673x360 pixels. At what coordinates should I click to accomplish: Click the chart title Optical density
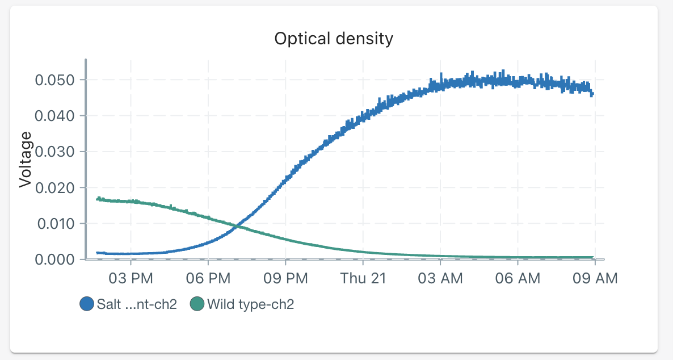334,39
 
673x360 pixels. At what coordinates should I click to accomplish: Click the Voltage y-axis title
25,159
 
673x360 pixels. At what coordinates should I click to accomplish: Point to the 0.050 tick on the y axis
54,80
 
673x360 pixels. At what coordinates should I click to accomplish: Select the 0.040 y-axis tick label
54,116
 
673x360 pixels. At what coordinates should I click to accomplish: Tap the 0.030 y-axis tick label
54,152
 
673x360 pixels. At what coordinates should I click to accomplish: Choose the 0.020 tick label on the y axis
54,187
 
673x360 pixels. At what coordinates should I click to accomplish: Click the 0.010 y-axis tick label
54,224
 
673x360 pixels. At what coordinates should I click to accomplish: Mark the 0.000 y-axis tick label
54,259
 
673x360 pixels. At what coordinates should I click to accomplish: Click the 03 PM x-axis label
131,278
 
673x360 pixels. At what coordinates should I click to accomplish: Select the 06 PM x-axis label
208,278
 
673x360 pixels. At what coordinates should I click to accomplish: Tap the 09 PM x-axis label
285,278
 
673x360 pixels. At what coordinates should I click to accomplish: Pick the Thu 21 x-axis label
363,278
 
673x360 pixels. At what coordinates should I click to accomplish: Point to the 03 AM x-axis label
440,278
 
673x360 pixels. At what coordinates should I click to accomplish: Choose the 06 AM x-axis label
518,278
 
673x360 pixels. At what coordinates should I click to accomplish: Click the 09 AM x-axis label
594,278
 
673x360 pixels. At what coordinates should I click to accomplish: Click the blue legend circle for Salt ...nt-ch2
87,304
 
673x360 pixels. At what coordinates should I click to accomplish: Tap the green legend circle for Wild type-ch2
197,304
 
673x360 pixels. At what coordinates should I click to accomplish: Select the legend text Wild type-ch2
250,304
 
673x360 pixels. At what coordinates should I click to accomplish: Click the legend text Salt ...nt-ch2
137,304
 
